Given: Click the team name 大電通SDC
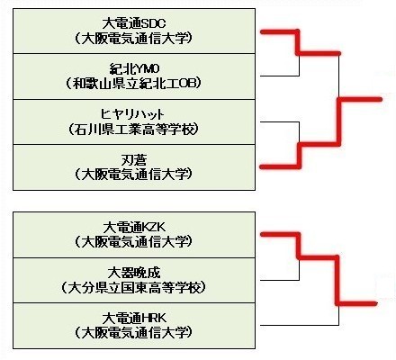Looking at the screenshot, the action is [134, 23].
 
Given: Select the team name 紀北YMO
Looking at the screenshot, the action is [134, 69].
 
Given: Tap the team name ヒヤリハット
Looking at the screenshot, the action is [133, 114].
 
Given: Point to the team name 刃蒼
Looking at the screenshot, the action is [134, 160].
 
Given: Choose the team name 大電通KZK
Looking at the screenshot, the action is [134, 228].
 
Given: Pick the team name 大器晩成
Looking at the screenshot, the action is [134, 273].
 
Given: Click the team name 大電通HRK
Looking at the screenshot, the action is [134, 318].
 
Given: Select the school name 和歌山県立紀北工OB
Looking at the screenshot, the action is [133, 84].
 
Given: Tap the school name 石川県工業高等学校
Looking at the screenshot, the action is [133, 130].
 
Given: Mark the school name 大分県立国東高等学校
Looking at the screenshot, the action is [133, 288].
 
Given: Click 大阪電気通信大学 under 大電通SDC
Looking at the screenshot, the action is [133, 39].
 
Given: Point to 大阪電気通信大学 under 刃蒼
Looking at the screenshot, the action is [133, 175].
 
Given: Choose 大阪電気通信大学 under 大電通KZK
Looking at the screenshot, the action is [133, 241].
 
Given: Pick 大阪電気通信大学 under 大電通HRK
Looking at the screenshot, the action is [133, 332].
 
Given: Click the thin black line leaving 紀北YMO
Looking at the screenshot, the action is [280, 76].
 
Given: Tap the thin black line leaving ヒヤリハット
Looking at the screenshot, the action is [280, 121].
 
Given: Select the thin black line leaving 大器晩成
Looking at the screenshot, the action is [280, 280].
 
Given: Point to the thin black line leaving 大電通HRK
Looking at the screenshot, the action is [300, 325].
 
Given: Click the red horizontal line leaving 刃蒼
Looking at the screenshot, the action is [280, 166].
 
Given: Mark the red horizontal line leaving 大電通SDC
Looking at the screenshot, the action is [280, 31].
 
